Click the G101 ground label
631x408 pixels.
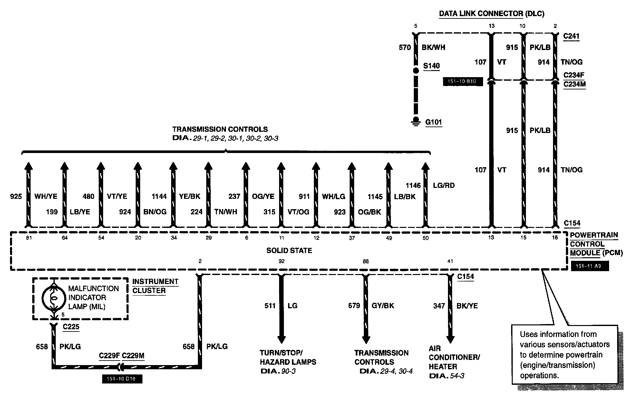click(x=433, y=122)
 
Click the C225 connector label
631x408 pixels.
click(x=71, y=327)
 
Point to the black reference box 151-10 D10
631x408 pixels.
click(x=122, y=379)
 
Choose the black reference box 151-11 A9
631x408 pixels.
click(x=590, y=266)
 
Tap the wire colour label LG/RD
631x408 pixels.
click(x=444, y=186)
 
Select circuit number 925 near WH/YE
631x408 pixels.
click(x=16, y=197)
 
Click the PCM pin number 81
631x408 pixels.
click(x=29, y=238)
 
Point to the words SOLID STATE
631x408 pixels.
click(x=289, y=250)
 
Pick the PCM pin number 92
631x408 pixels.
click(x=282, y=261)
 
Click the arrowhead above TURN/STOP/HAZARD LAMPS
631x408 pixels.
click(x=282, y=339)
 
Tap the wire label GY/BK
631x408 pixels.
click(x=383, y=306)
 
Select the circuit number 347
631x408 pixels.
click(x=439, y=306)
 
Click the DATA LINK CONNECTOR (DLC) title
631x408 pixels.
click(x=491, y=14)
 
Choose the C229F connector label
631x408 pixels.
click(x=109, y=356)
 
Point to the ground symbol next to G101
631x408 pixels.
click(x=416, y=121)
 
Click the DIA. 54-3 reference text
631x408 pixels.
click(x=447, y=376)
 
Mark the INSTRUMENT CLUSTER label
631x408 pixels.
click(x=155, y=286)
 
